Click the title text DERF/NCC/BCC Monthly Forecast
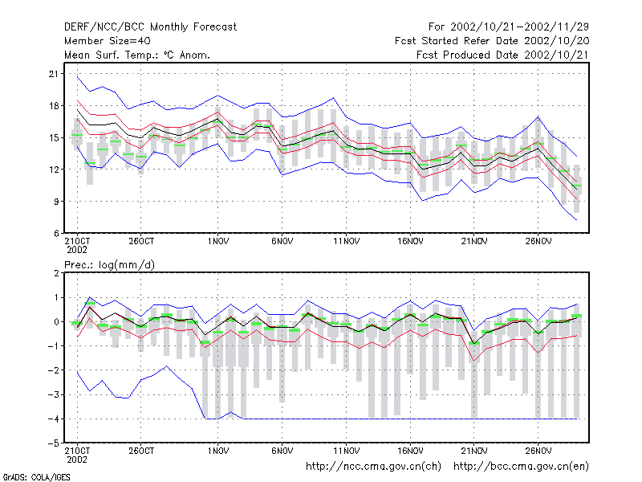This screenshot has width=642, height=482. [150, 27]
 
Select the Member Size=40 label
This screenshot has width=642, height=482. [108, 41]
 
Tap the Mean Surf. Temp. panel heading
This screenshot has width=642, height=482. [137, 55]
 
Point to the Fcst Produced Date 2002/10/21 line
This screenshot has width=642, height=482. [502, 55]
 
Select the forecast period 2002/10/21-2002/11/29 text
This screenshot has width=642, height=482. [519, 27]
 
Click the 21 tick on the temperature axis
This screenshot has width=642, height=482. [54, 74]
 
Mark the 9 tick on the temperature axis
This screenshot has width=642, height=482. [56, 202]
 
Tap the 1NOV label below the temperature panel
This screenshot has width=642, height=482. [217, 241]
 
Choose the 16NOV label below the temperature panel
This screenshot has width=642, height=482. [410, 241]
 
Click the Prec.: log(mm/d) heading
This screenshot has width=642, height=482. [109, 265]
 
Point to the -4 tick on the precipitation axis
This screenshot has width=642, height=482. [54, 419]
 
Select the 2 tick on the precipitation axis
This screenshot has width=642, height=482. [56, 273]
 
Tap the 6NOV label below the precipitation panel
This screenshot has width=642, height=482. [282, 451]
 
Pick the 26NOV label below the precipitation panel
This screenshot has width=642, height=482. [538, 451]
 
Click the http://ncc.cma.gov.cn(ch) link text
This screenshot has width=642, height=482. [373, 467]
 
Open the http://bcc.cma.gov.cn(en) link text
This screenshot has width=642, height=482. [521, 467]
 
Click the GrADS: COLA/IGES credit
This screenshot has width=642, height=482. [36, 477]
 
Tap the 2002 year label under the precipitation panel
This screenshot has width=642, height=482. [77, 460]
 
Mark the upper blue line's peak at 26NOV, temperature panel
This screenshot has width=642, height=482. [538, 117]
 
